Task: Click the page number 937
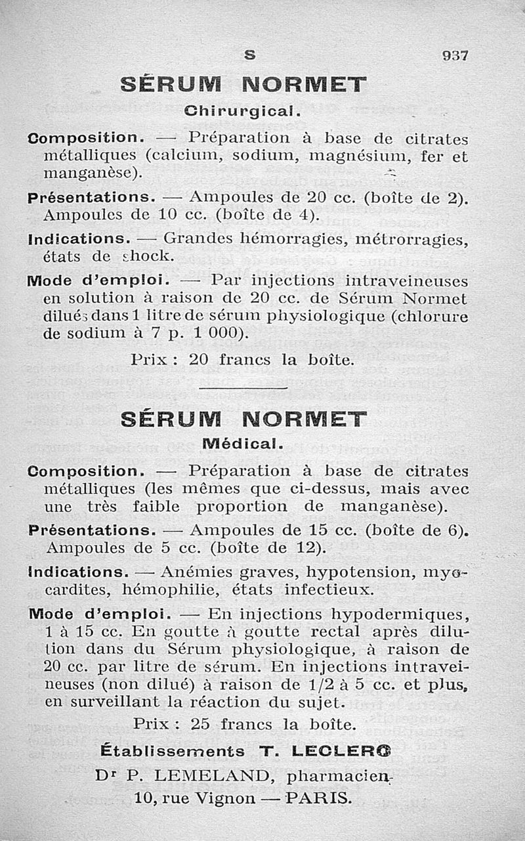click(x=454, y=56)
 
